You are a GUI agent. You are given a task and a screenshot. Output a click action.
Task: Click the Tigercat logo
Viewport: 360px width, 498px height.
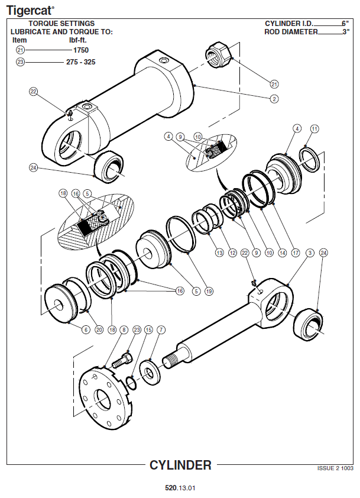click(30, 11)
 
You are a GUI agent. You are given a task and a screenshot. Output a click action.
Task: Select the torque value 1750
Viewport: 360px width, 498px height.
click(81, 50)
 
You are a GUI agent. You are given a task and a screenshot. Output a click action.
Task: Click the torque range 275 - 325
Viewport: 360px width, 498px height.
click(80, 62)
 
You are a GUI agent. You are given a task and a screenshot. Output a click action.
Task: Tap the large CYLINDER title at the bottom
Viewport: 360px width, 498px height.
click(180, 465)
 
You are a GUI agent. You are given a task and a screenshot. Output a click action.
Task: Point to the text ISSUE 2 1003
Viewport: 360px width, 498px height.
click(335, 468)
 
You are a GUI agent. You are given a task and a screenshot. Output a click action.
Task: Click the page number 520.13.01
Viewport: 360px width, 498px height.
click(180, 488)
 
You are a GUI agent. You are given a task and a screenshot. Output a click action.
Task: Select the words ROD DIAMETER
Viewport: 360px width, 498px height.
click(291, 32)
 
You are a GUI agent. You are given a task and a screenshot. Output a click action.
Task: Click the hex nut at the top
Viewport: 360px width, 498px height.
click(219, 54)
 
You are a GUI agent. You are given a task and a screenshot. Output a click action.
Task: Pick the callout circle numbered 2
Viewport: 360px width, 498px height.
click(274, 99)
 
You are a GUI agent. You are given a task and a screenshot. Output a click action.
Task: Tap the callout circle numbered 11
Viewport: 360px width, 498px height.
click(314, 128)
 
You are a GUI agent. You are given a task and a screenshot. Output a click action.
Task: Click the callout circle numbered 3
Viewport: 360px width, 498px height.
click(310, 253)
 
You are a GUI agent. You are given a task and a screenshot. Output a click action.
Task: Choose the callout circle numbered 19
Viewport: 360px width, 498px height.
click(209, 291)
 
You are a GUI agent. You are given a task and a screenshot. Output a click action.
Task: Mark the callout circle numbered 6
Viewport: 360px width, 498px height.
click(86, 329)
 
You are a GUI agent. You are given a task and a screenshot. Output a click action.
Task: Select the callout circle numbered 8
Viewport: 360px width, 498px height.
click(124, 329)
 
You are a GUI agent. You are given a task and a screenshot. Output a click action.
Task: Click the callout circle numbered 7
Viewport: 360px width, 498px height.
click(161, 329)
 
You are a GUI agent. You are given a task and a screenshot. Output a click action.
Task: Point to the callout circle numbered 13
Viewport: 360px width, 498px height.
click(219, 253)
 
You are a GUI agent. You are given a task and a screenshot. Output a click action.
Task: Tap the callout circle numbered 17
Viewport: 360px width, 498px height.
click(296, 253)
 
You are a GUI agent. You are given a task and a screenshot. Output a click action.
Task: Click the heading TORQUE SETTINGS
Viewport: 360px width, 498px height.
click(61, 24)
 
